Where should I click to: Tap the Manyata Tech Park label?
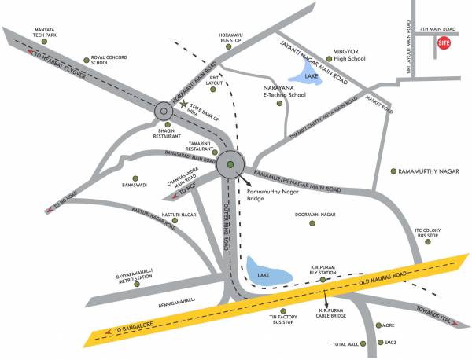coord(39,35)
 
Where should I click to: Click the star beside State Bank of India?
coord(184,104)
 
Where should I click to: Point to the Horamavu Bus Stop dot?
coord(229,47)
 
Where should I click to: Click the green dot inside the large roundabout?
coord(230,164)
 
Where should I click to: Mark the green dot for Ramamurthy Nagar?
coord(393,171)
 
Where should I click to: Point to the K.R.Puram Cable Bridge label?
coord(333,314)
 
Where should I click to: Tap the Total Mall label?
coord(346,344)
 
